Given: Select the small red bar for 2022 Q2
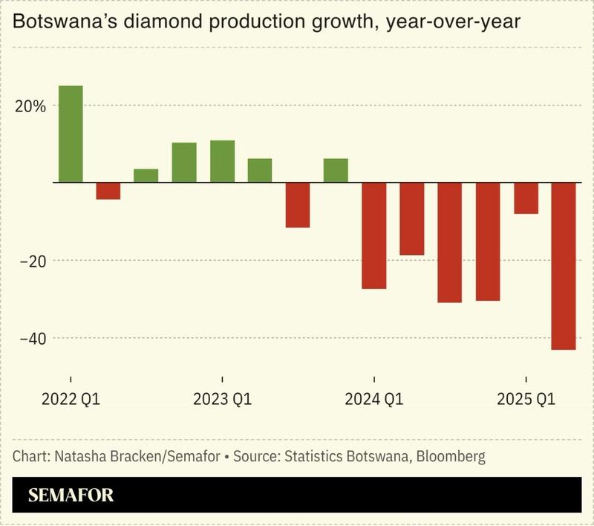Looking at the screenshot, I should tap(108, 191).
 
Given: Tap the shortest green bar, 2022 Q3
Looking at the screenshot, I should tap(146, 175).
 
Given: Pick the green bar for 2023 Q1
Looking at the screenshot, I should tap(222, 161).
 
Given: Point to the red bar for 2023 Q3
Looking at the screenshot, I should tap(298, 204).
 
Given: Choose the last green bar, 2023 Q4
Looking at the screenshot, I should tap(336, 170).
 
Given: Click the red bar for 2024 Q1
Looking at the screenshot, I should tap(374, 235).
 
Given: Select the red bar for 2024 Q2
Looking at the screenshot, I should tap(412, 218).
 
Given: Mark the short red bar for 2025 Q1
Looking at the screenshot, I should tap(526, 198).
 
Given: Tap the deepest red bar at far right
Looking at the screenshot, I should tap(564, 265).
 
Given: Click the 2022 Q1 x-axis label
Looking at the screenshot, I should tap(71, 400).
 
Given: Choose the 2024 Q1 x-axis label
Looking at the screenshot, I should tap(374, 400).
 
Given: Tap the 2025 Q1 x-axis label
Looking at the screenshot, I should tap(526, 400).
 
